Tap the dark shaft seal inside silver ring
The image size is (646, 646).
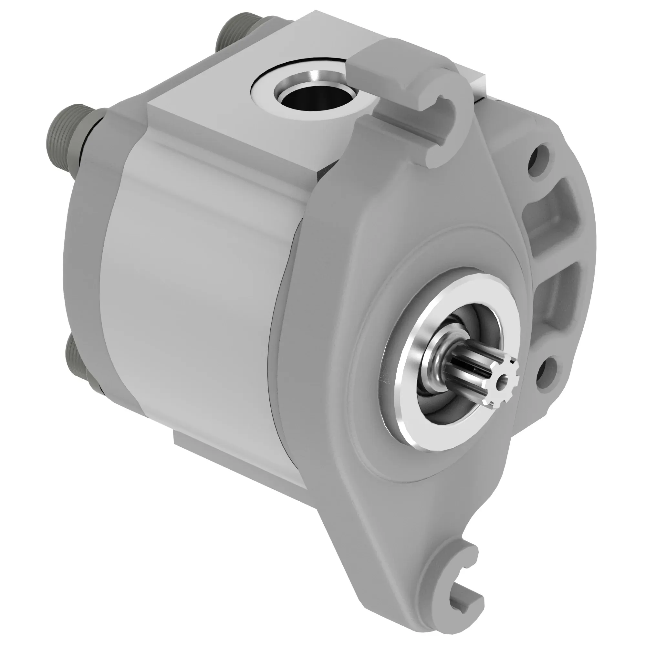(435, 401)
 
